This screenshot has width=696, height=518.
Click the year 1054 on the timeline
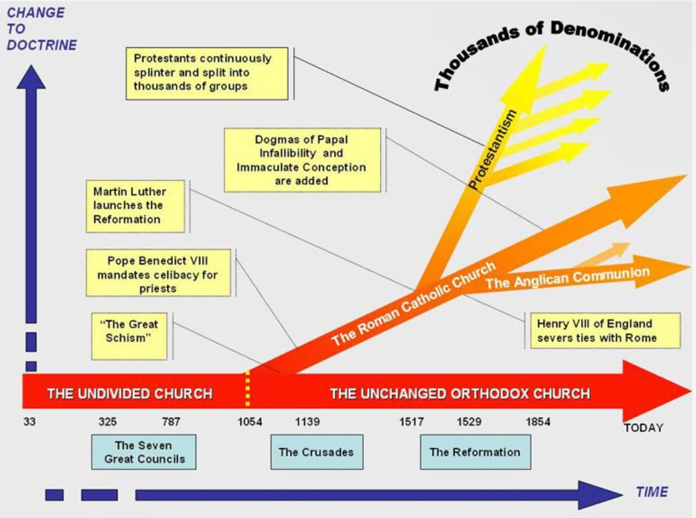[250, 422]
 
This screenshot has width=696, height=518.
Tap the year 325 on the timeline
[107, 422]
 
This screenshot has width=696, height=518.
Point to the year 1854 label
[538, 422]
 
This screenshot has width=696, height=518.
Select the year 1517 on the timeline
[411, 422]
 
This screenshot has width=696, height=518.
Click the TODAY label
[643, 428]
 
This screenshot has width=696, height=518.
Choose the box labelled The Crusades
[316, 452]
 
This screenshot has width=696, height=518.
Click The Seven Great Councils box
[144, 452]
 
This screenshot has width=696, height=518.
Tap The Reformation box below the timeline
[475, 452]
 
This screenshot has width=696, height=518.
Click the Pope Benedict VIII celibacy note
[159, 273]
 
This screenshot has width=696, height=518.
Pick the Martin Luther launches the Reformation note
[136, 205]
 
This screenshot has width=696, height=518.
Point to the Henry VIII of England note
[603, 331]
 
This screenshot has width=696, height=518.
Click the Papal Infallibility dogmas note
[301, 160]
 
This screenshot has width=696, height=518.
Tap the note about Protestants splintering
[207, 72]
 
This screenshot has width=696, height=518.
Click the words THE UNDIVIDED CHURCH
[130, 394]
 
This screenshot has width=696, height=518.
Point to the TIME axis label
[652, 492]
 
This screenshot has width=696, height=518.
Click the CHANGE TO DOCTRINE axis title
[42, 29]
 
